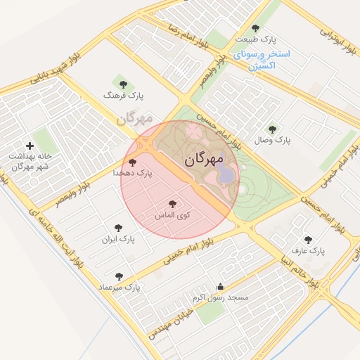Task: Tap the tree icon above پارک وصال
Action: pos(273,129)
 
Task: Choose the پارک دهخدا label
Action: pos(132,172)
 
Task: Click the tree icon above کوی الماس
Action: pos(173,204)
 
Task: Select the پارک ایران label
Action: pos(117,239)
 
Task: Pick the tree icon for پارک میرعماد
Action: pos(118,276)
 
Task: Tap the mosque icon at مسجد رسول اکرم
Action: pos(221,287)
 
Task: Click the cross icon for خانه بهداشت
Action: pos(30,146)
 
